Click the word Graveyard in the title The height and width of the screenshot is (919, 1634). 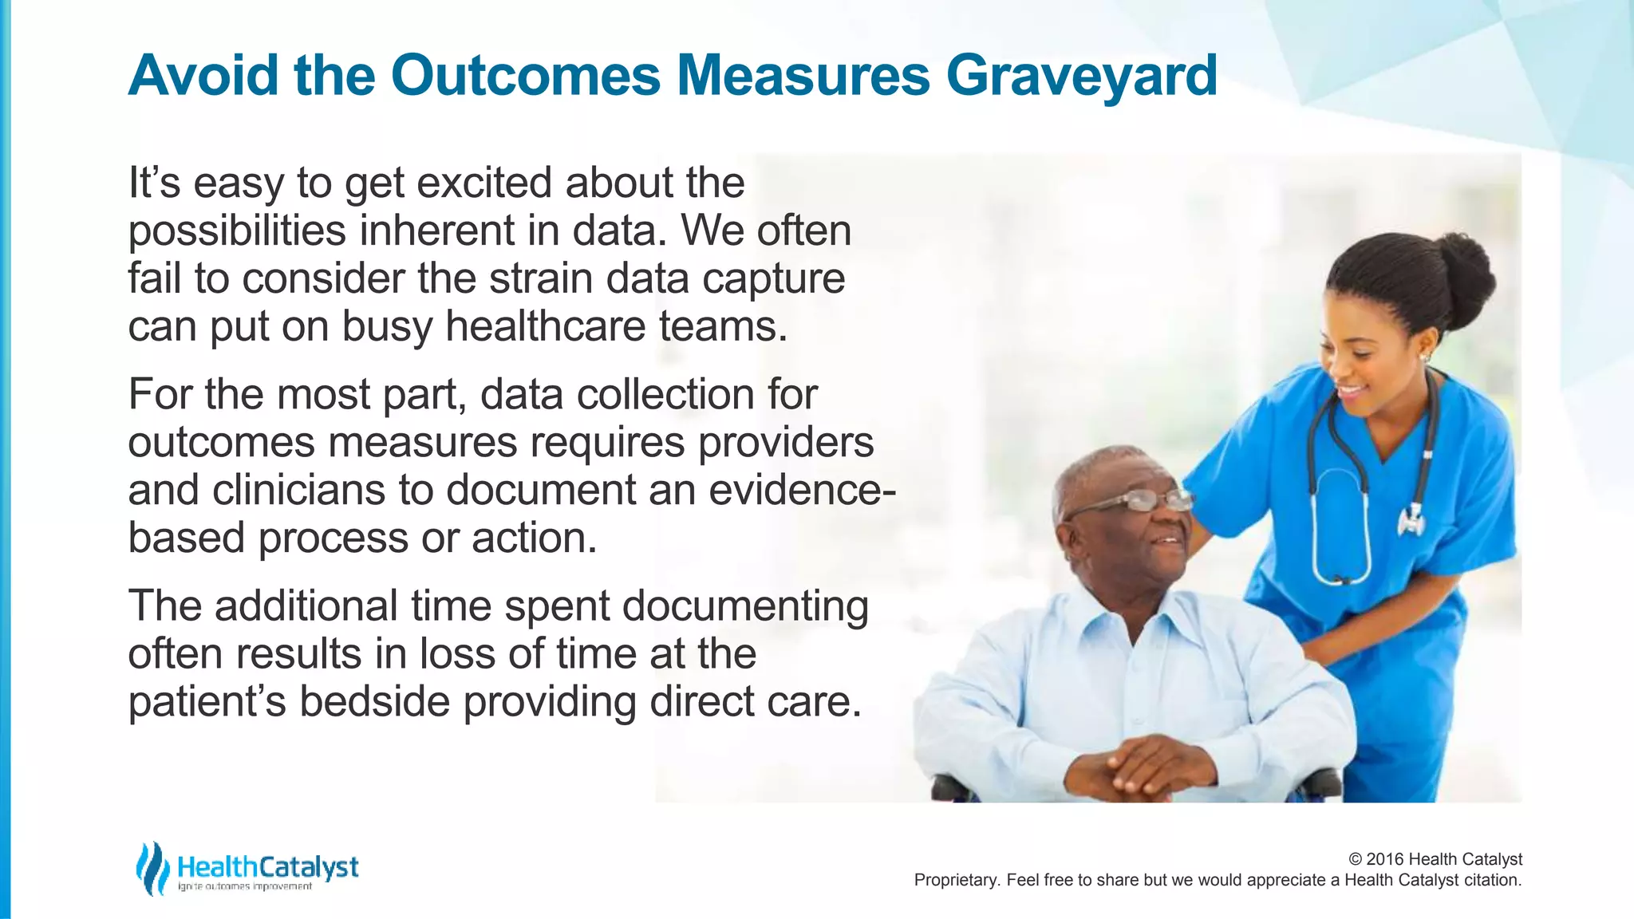(x=1081, y=76)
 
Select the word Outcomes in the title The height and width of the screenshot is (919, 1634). (x=525, y=76)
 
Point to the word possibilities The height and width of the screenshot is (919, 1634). (x=237, y=231)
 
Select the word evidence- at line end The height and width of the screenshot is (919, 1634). (x=802, y=491)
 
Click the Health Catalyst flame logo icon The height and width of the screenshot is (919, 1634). (x=152, y=868)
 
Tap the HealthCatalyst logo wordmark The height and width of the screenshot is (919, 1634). (x=268, y=866)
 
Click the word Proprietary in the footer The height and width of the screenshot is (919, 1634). (x=956, y=880)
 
